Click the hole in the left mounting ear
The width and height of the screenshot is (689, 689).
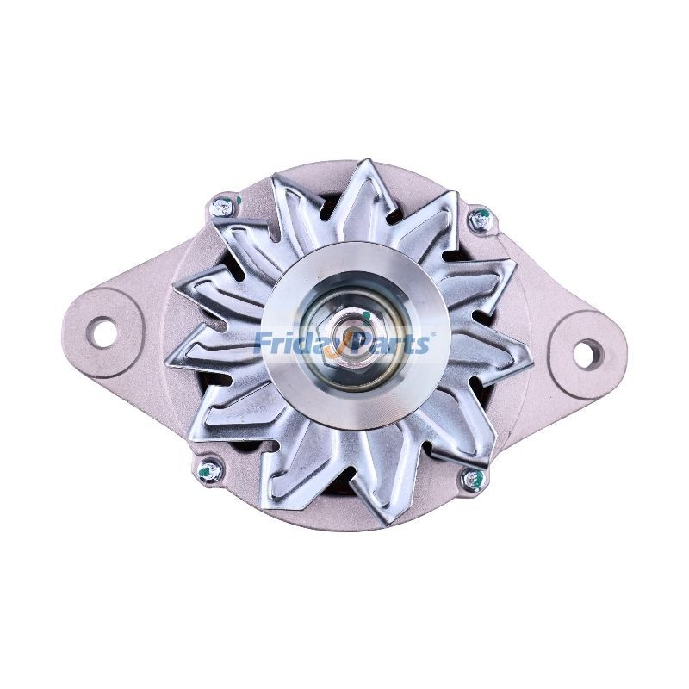(x=103, y=332)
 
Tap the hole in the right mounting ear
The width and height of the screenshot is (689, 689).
(x=589, y=351)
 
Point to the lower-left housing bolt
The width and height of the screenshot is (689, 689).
(x=209, y=470)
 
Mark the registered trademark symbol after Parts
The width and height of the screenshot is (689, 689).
(x=432, y=332)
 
